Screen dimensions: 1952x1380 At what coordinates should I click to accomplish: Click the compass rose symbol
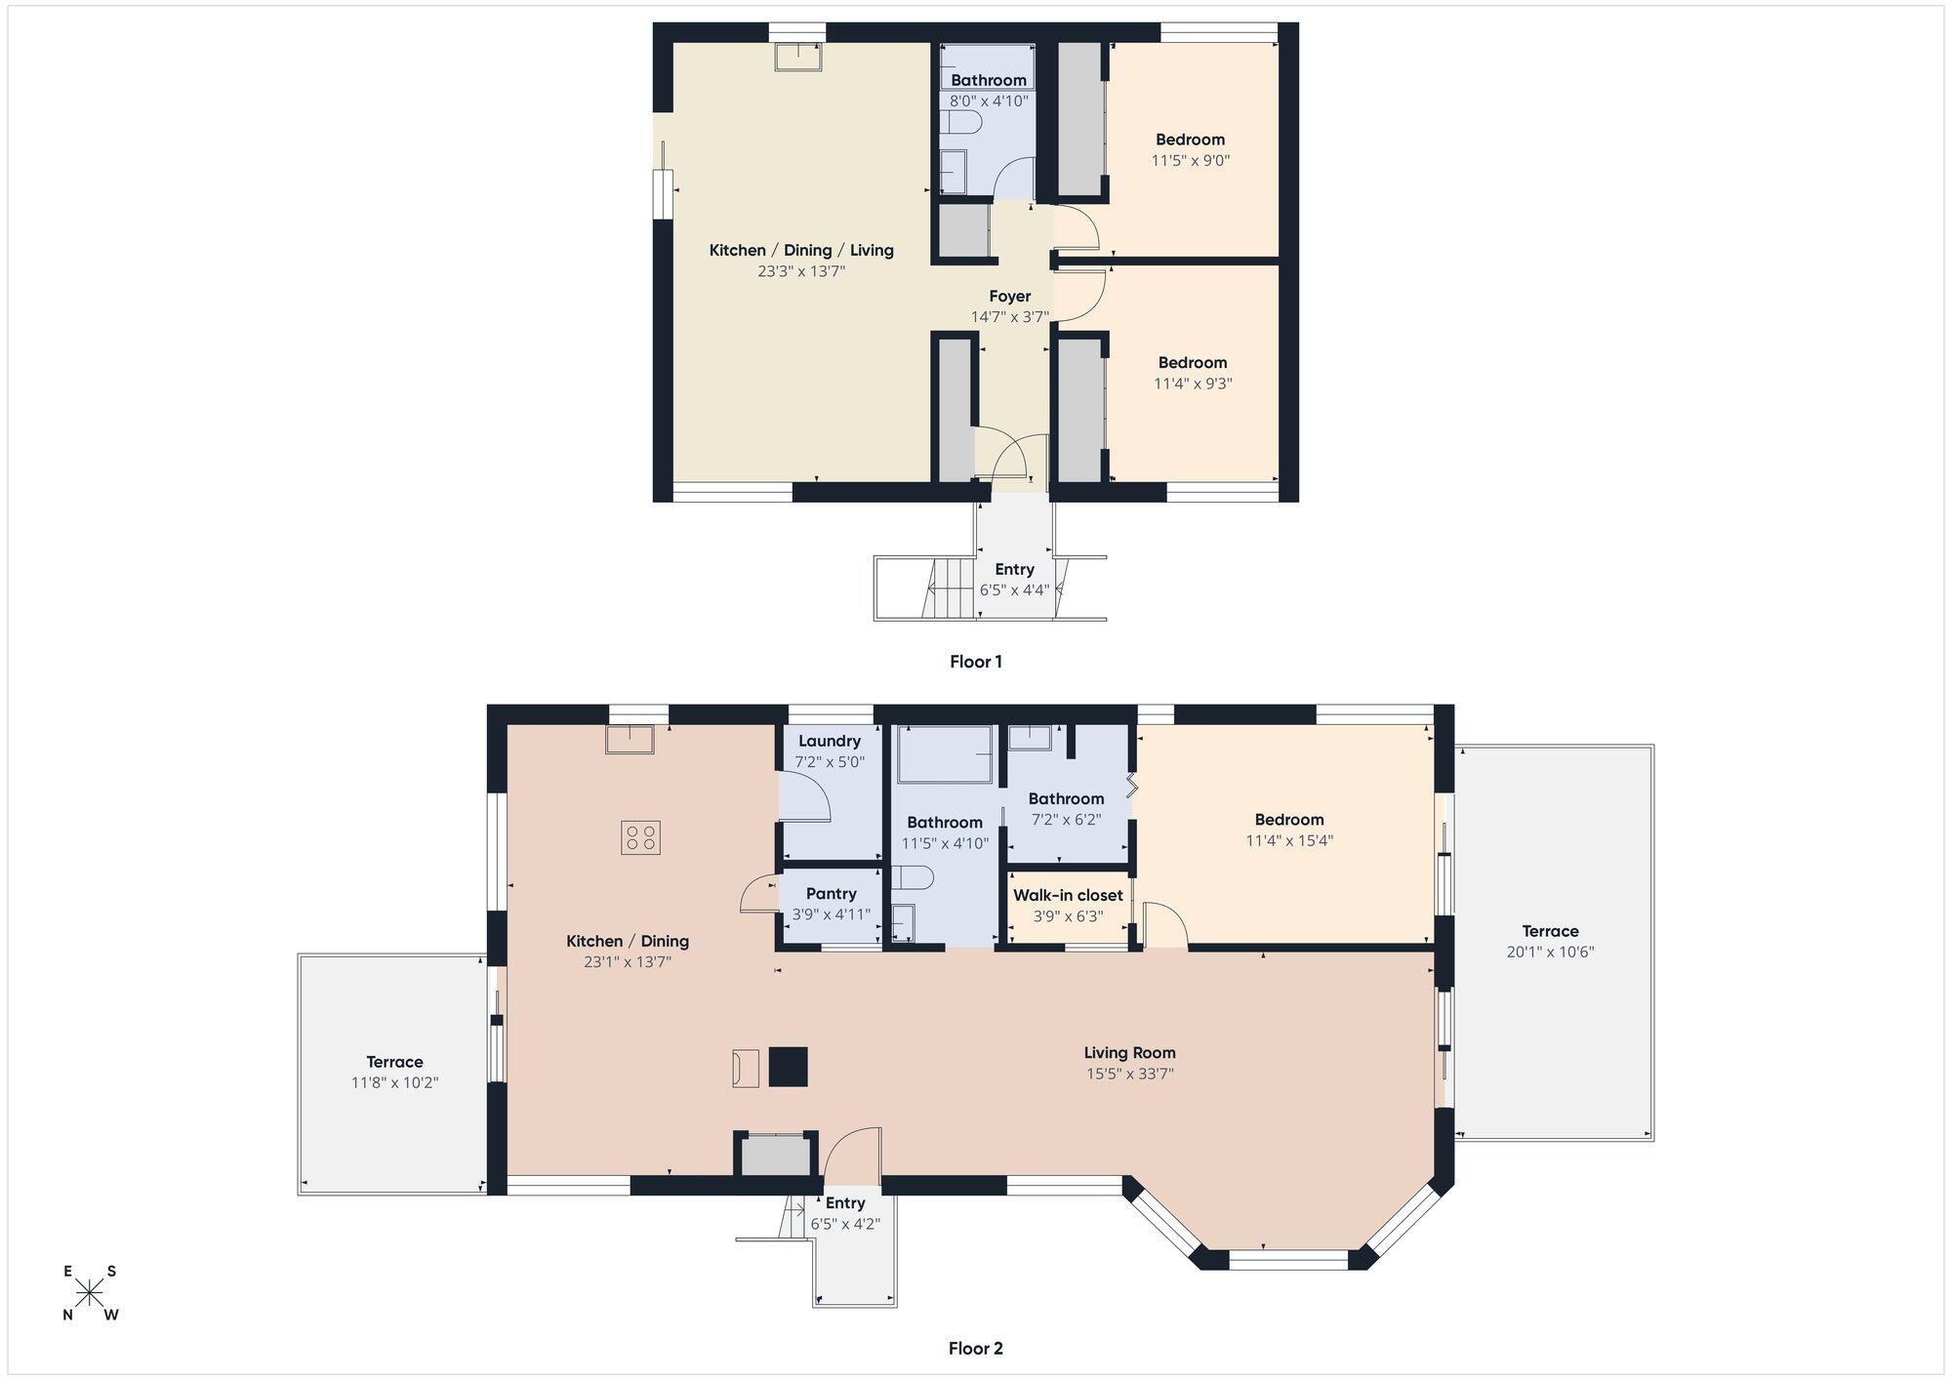click(x=90, y=1293)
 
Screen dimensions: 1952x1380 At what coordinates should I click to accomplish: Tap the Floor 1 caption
click(x=976, y=662)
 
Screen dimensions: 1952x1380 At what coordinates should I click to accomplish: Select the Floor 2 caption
click(x=976, y=1349)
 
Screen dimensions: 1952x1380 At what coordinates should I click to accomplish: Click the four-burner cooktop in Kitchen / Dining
click(x=640, y=837)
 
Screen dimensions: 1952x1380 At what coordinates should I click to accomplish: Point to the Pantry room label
click(x=832, y=894)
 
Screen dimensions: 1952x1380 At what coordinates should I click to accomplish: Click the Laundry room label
click(x=830, y=741)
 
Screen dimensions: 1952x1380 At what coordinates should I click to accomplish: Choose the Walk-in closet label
click(x=1068, y=895)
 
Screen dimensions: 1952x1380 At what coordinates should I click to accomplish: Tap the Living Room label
click(x=1130, y=1052)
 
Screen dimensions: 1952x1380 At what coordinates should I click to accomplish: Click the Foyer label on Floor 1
click(x=1010, y=296)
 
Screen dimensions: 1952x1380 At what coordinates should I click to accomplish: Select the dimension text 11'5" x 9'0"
click(x=1191, y=161)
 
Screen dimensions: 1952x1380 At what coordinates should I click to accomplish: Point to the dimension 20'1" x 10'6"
click(x=1550, y=952)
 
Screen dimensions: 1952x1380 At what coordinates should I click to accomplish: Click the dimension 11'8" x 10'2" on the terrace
click(x=395, y=1082)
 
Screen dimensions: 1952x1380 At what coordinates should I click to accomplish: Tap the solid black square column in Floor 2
click(x=789, y=1067)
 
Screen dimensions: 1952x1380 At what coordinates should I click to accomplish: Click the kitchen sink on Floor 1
click(x=798, y=57)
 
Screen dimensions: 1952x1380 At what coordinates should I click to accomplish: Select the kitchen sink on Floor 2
click(x=630, y=740)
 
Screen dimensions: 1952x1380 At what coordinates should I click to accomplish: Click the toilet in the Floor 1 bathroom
click(x=961, y=123)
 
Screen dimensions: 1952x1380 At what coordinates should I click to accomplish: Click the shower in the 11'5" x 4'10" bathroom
click(x=945, y=753)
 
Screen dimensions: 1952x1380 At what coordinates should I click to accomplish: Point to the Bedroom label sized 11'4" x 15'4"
click(x=1289, y=820)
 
